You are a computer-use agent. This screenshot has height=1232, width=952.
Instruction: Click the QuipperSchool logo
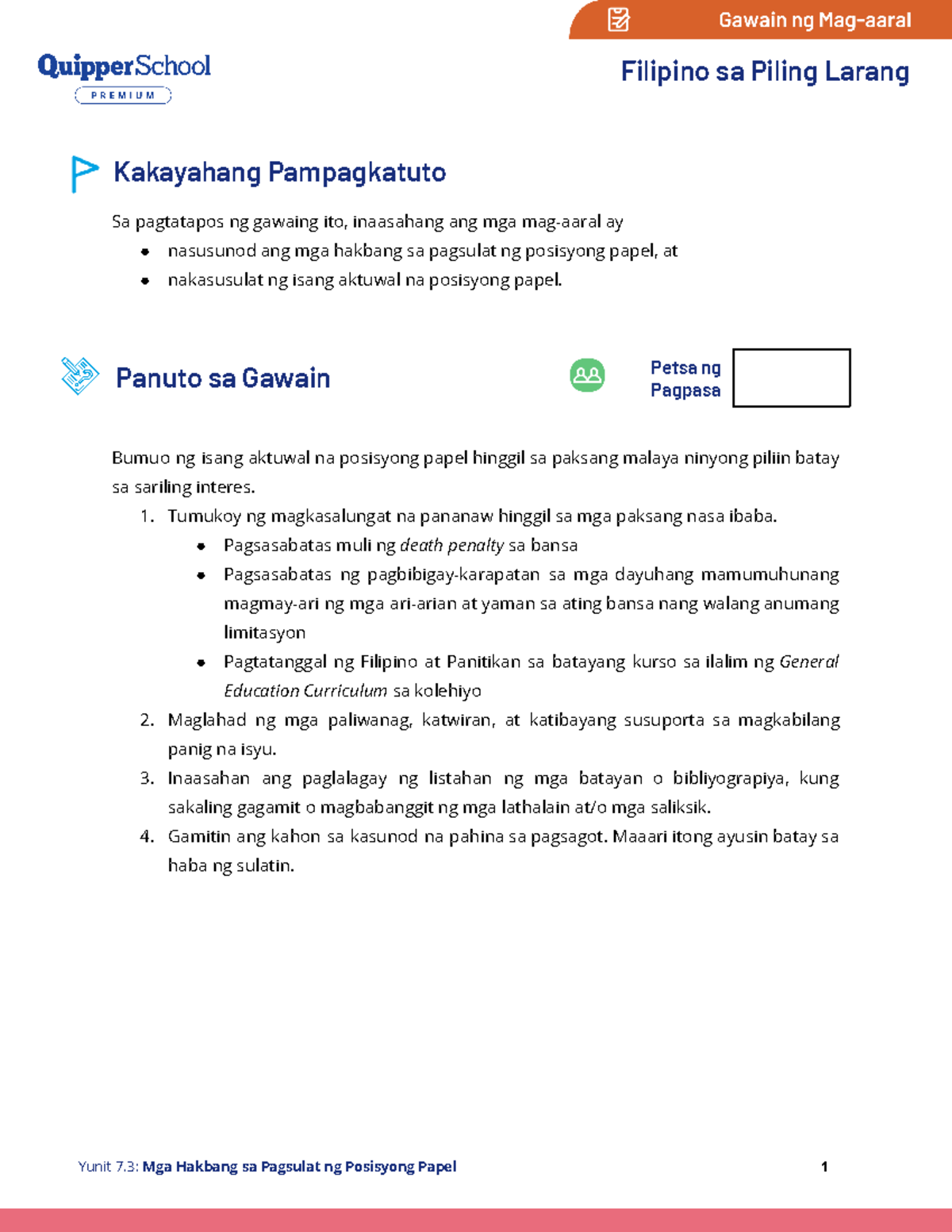[124, 67]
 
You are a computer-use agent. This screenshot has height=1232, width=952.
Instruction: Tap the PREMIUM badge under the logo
[123, 96]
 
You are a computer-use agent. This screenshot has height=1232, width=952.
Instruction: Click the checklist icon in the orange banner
[618, 20]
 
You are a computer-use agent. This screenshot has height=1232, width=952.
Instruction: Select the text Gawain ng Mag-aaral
[814, 21]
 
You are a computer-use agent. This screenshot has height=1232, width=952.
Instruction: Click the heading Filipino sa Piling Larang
[764, 72]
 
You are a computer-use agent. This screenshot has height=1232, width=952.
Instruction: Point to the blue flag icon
[83, 173]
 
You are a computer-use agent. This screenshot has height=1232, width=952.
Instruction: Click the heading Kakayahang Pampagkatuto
[279, 172]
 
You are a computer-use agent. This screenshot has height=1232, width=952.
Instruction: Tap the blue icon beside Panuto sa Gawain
[80, 375]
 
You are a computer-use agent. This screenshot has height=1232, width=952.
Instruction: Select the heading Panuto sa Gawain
[223, 378]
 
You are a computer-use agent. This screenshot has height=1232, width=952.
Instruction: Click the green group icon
[587, 375]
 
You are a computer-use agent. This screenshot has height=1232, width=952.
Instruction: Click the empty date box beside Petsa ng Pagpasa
[791, 378]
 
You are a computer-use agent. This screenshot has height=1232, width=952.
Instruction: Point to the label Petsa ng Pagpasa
[685, 378]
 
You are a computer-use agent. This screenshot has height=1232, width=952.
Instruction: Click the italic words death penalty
[451, 546]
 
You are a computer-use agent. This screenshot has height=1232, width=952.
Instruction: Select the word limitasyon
[264, 633]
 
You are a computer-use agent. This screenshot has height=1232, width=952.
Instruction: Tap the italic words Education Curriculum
[305, 691]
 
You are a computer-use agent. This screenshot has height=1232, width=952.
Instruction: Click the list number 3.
[147, 778]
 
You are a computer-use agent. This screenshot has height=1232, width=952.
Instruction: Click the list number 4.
[147, 836]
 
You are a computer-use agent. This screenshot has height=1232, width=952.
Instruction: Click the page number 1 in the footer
[824, 1166]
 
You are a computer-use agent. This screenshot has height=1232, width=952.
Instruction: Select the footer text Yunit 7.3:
[108, 1166]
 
